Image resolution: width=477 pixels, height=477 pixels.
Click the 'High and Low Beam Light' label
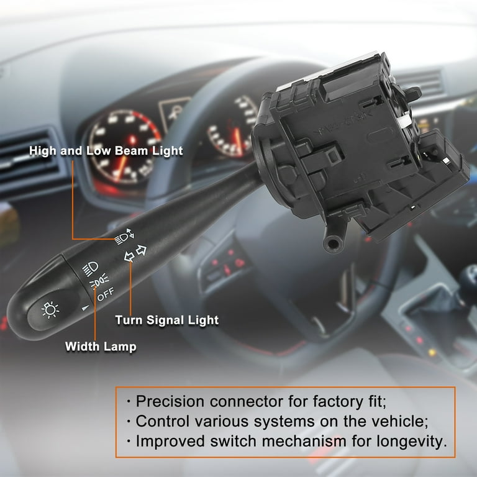pyautogui.click(x=106, y=151)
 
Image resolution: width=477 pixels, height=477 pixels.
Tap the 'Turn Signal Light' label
pyautogui.click(x=166, y=320)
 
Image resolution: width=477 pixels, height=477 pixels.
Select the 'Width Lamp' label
pyautogui.click(x=101, y=347)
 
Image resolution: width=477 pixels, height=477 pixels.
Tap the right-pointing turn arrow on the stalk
pyautogui.click(x=141, y=250)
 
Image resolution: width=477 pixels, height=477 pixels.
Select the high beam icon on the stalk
pyautogui.click(x=124, y=236)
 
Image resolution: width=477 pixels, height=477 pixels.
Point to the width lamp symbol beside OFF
pyautogui.click(x=97, y=283)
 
